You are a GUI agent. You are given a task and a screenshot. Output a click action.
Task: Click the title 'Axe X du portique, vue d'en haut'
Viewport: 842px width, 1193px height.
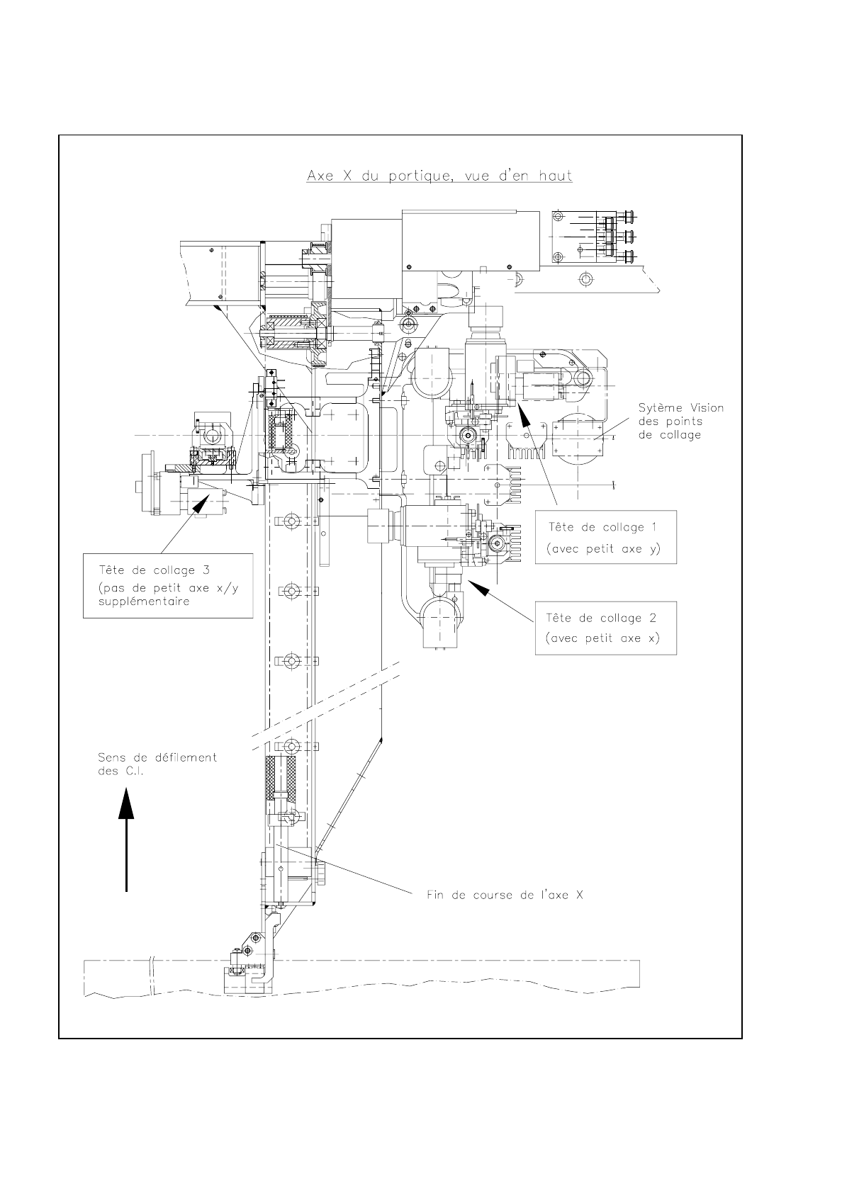point(439,176)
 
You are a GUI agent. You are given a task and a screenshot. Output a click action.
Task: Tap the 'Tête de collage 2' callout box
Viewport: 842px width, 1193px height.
point(605,628)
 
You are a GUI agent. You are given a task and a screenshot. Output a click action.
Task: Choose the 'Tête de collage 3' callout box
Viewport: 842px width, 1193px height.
point(168,585)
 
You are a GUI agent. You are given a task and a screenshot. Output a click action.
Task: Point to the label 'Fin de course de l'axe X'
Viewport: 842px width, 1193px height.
point(505,895)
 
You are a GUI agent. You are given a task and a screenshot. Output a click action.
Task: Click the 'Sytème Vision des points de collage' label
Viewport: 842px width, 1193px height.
point(680,421)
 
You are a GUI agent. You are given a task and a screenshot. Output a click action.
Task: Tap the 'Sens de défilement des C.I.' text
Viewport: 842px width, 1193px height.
point(157,764)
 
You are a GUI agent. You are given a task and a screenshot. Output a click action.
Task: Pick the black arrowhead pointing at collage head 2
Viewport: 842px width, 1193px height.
point(480,587)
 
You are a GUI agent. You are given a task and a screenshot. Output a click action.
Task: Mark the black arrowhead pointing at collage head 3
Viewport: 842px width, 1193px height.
point(198,504)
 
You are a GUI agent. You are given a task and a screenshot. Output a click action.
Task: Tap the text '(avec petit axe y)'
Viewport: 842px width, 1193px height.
point(604,548)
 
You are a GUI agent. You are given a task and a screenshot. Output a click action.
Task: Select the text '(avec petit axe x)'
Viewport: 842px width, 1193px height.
point(602,638)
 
